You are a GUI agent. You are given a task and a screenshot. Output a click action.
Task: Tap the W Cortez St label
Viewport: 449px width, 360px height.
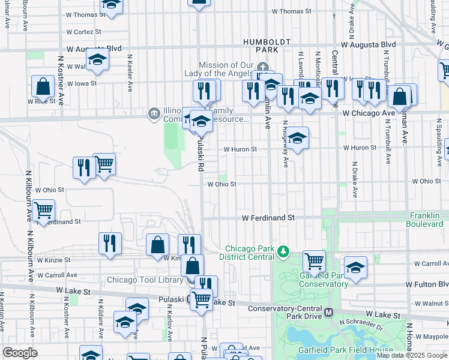pos(83,31)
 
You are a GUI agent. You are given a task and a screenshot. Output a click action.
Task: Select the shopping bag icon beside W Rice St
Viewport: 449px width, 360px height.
pos(44,88)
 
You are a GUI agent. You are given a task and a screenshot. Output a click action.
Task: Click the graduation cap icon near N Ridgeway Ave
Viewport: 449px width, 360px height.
pos(297,139)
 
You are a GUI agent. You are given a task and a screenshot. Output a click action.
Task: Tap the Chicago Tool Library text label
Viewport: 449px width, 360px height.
pos(145,280)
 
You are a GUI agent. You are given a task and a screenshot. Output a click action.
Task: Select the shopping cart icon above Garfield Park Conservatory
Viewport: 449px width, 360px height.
pos(314,261)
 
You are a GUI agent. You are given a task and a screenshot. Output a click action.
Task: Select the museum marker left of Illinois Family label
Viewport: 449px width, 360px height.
pos(154,113)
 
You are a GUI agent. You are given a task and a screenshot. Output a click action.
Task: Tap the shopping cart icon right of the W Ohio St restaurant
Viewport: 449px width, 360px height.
pos(104,164)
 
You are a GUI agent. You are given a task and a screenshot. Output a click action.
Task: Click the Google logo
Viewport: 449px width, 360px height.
pos(20,353)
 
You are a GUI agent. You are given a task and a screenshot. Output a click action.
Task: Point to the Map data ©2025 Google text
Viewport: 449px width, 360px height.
pos(411,355)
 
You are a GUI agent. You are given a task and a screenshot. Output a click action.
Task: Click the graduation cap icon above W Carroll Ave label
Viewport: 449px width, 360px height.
pos(355,268)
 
